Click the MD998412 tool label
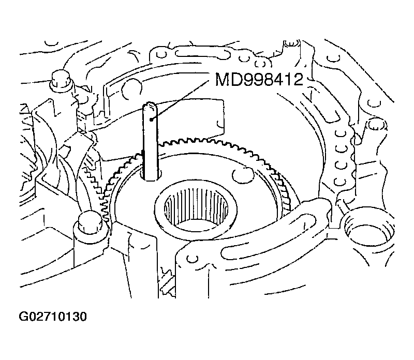coord(259,79)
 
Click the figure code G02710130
coord(53,317)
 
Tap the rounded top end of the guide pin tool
coord(151,106)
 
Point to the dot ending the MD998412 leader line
coord(151,120)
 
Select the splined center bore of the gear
coord(196,207)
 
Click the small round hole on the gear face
coord(243,175)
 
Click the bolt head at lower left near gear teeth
coord(88,222)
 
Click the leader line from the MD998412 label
coord(179,100)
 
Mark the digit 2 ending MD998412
coord(298,79)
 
